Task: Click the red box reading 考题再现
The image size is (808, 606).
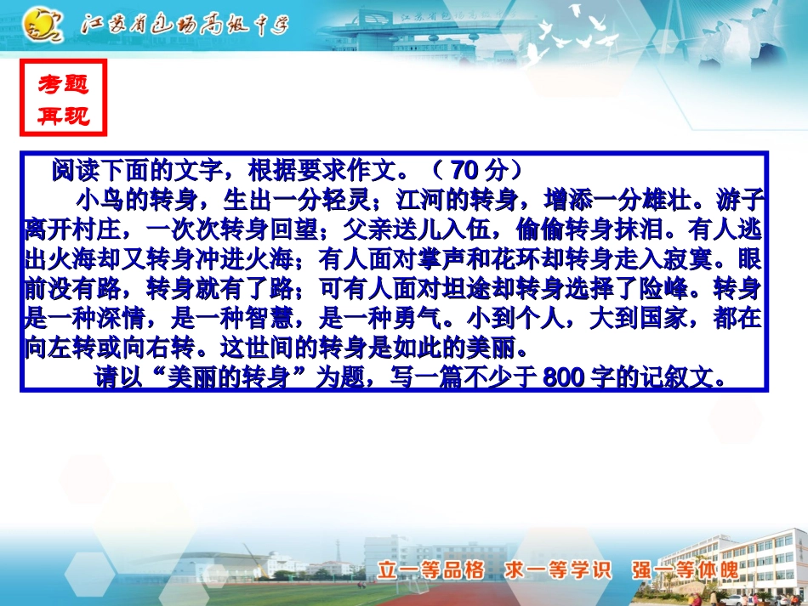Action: point(63,99)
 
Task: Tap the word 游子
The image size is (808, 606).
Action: point(742,201)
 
